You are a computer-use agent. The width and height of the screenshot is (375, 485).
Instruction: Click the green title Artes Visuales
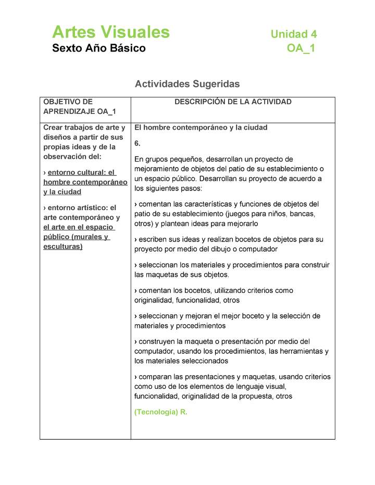(x=110, y=32)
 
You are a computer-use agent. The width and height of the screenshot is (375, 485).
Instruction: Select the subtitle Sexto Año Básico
(x=99, y=48)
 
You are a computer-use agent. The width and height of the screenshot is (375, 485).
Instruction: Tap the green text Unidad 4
(x=293, y=34)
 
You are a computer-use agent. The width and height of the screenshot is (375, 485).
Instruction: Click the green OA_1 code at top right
(x=301, y=48)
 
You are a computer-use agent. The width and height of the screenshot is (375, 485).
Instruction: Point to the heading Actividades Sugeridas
(x=187, y=84)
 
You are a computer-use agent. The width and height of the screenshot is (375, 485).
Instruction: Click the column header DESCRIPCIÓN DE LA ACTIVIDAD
(x=233, y=102)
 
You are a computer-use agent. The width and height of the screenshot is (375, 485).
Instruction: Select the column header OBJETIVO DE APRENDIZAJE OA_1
(x=79, y=107)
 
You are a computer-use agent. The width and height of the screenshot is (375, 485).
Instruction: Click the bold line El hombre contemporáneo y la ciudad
(x=201, y=127)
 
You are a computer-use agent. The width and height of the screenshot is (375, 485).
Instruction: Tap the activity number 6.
(x=137, y=143)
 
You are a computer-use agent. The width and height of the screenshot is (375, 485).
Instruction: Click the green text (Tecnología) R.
(x=160, y=412)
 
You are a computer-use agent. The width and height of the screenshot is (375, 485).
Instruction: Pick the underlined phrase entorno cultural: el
(x=82, y=173)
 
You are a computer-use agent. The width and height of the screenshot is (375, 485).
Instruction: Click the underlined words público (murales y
(x=77, y=237)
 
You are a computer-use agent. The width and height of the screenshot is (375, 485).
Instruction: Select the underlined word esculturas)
(x=63, y=247)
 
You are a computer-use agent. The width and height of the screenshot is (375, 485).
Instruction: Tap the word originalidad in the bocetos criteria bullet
(x=154, y=300)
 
